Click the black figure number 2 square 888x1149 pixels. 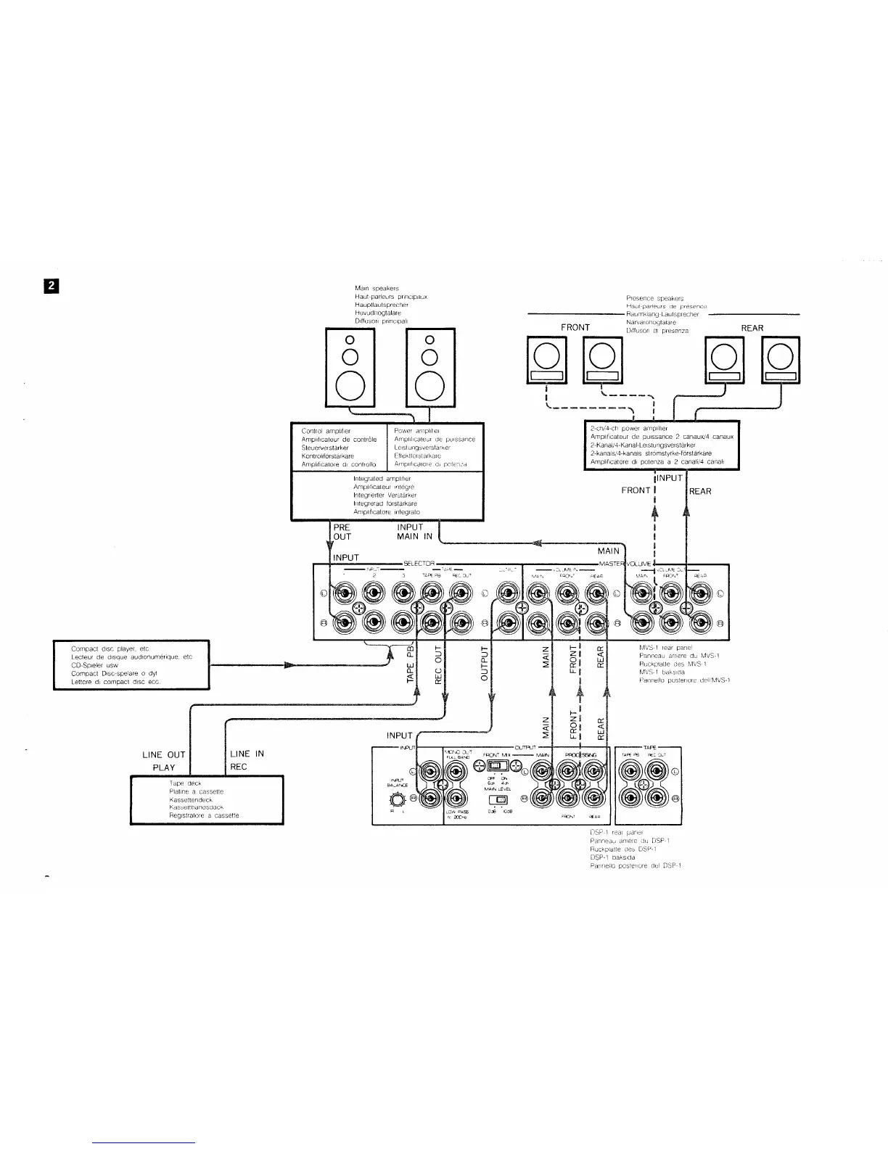coord(52,286)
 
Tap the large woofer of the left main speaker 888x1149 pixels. coord(350,388)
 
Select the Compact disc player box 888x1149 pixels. coord(131,664)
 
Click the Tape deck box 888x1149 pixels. coord(206,799)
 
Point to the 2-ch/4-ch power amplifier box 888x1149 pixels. coord(662,445)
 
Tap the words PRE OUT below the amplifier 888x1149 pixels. coord(342,268)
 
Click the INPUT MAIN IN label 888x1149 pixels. coord(414,268)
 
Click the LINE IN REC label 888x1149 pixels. coord(247,760)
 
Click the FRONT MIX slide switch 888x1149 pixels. coord(496,766)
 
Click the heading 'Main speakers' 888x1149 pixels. coord(377,289)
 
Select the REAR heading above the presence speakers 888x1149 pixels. coord(752,328)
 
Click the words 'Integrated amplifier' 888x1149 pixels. coord(382,215)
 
